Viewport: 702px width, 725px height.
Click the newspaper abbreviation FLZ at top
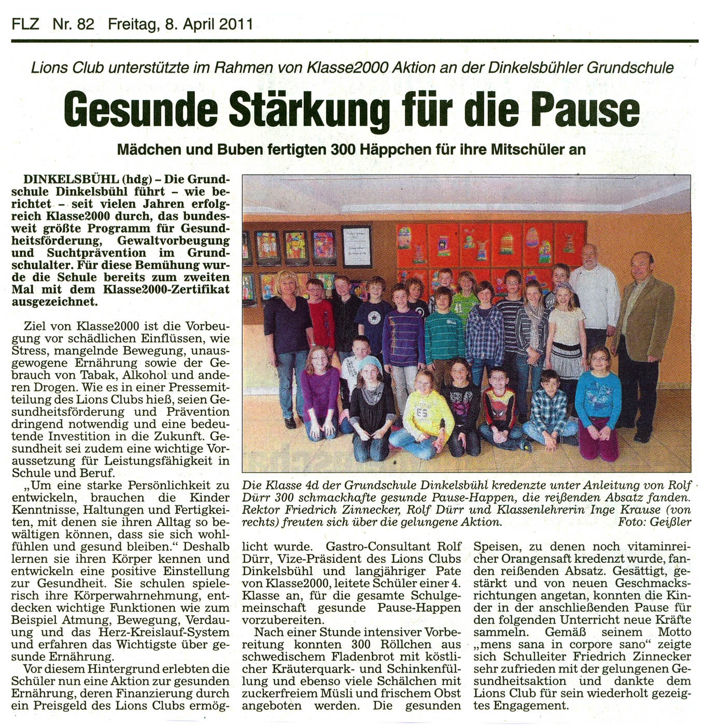click(x=25, y=24)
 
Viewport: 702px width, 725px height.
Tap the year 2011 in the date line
click(x=235, y=24)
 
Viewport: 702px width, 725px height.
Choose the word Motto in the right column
click(x=674, y=632)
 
